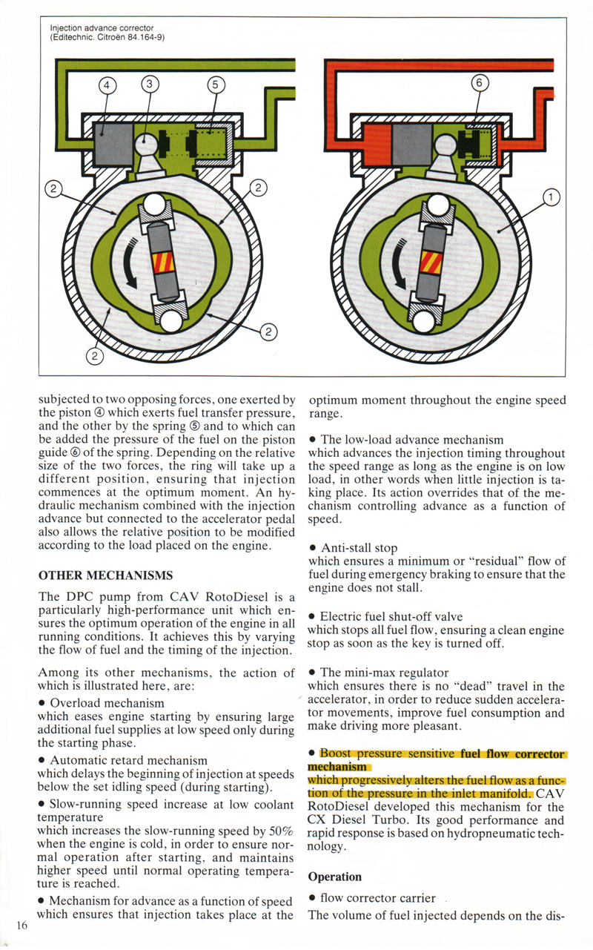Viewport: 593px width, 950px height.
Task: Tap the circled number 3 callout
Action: point(148,85)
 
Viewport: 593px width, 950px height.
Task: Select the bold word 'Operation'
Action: point(334,877)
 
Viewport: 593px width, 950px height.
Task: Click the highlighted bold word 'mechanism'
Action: point(337,766)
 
